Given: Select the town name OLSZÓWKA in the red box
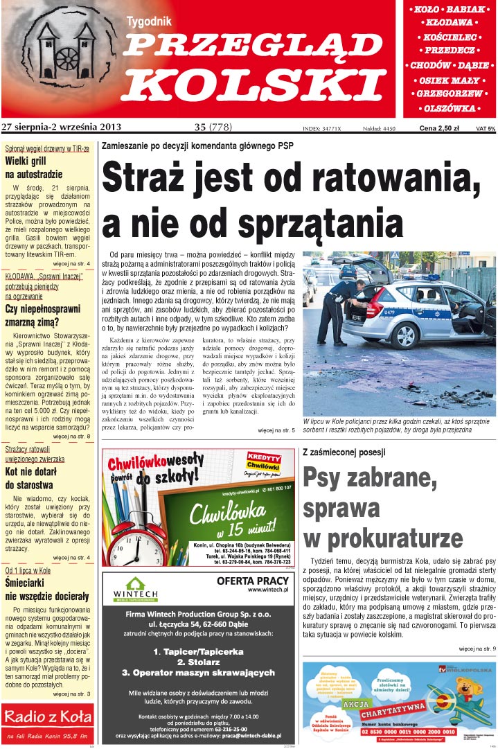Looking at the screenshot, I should (x=450, y=108).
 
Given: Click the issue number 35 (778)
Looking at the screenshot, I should (x=213, y=127).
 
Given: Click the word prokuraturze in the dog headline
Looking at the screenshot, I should (x=383, y=538).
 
